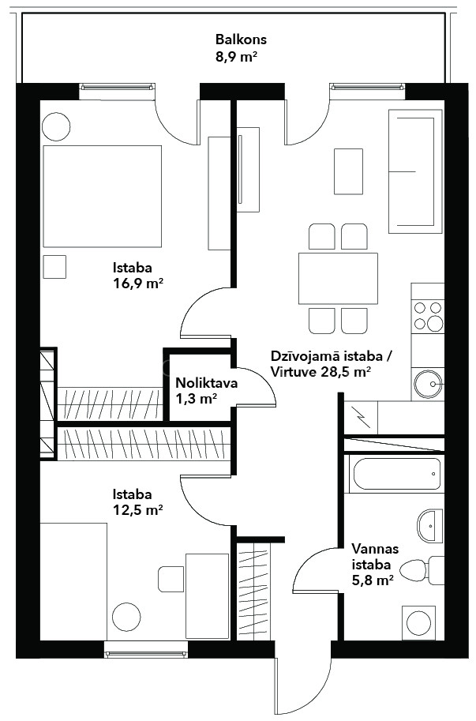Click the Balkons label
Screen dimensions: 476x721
pyautogui.click(x=241, y=39)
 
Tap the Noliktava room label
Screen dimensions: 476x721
pyautogui.click(x=207, y=383)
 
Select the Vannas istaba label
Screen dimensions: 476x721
pyautogui.click(x=375, y=557)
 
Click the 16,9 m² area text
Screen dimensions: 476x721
pyautogui.click(x=138, y=283)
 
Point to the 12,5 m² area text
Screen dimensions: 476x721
pyautogui.click(x=138, y=509)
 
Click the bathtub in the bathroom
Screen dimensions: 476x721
pyautogui.click(x=396, y=474)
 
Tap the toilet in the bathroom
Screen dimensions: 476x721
pyautogui.click(x=422, y=571)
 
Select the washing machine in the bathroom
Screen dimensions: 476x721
pyautogui.click(x=418, y=622)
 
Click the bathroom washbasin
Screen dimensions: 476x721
pyautogui.click(x=430, y=526)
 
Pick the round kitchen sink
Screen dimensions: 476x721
pyautogui.click(x=428, y=384)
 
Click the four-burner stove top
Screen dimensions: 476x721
pyautogui.click(x=428, y=315)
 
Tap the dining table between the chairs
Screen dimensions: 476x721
pyautogui.click(x=338, y=279)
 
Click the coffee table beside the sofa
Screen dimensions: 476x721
pyautogui.click(x=348, y=171)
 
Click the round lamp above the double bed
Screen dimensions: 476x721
pyautogui.click(x=56, y=126)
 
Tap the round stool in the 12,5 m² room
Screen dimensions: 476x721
pyautogui.click(x=126, y=617)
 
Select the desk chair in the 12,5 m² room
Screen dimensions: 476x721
pyautogui.click(x=171, y=579)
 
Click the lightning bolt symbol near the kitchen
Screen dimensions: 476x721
pyautogui.click(x=361, y=418)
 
